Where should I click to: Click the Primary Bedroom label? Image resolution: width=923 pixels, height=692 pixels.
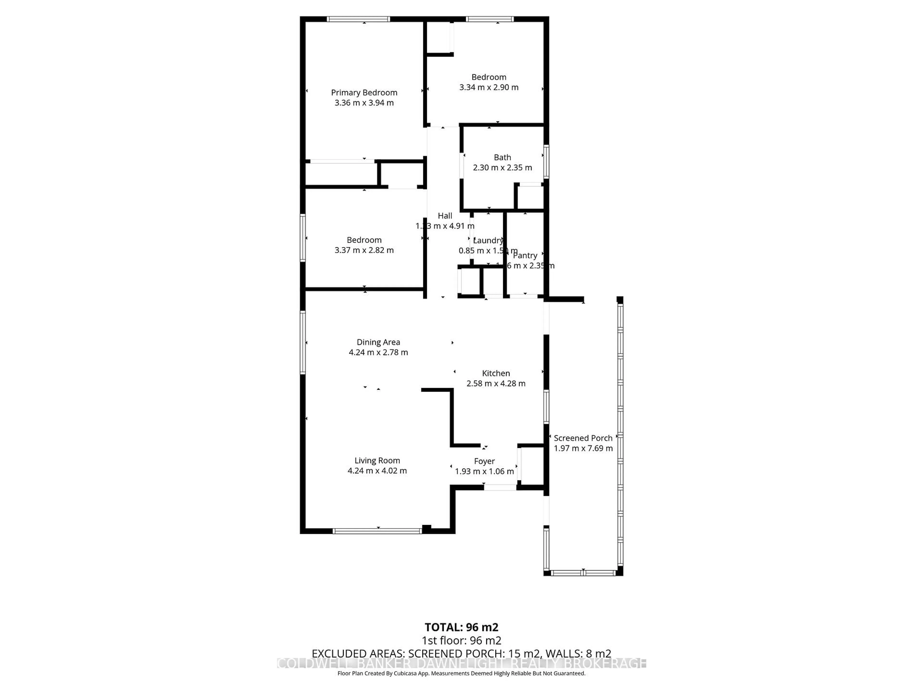click(364, 93)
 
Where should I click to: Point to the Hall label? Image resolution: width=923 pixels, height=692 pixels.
click(445, 216)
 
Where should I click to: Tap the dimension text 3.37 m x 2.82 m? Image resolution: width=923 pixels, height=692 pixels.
click(364, 250)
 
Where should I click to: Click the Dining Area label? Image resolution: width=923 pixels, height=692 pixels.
click(378, 342)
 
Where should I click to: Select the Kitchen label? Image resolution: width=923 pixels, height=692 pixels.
click(496, 373)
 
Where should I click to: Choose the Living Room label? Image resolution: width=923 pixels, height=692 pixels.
click(377, 461)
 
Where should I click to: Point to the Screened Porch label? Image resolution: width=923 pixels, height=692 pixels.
click(583, 438)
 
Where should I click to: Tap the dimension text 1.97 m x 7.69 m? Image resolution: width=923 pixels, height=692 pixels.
click(583, 448)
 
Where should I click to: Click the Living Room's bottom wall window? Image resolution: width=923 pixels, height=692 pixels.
click(377, 531)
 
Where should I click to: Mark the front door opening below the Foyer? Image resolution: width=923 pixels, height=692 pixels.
click(500, 487)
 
